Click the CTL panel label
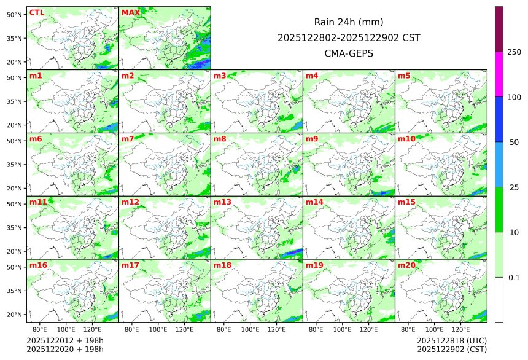point(36,12)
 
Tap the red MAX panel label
point(130,12)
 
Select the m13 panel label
point(222,202)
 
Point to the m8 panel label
point(220,139)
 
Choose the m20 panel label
point(406,265)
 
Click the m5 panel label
point(404,76)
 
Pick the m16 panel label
point(38,265)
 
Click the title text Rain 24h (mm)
point(349,22)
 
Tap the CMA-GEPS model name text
point(349,53)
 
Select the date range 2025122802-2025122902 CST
point(349,37)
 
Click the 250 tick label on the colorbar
point(514,52)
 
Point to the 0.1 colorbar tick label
point(514,277)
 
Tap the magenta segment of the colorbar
point(499,74)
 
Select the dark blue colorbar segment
point(499,119)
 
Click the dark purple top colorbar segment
point(499,29)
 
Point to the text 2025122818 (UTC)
point(451,340)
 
